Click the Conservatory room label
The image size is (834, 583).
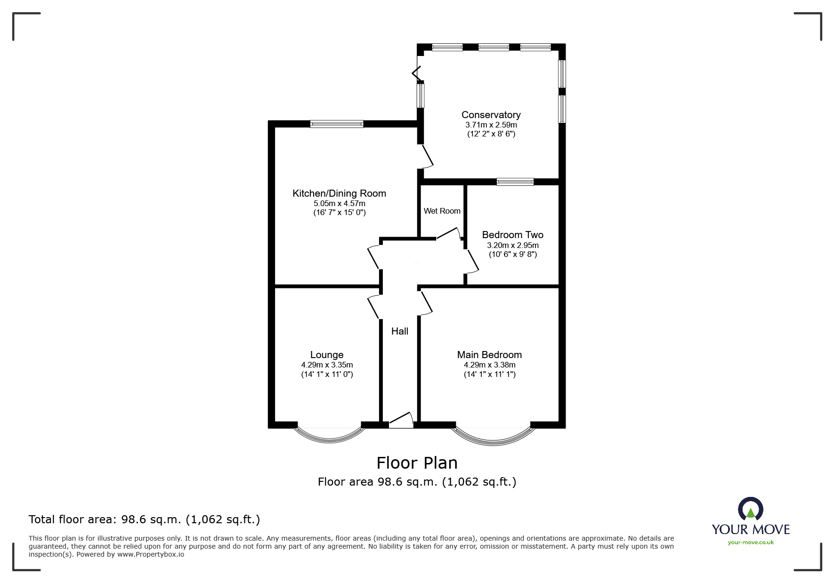tap(491, 115)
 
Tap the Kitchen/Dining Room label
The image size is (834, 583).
tap(339, 193)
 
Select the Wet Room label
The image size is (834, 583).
tap(442, 211)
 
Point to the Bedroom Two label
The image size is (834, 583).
tap(512, 235)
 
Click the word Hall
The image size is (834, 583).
tap(400, 331)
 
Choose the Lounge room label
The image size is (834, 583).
tap(327, 355)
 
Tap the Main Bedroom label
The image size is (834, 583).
tap(489, 355)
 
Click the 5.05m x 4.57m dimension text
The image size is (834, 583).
tap(340, 204)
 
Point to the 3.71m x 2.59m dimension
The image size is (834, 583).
tap(491, 125)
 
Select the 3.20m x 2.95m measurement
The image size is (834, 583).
tap(513, 245)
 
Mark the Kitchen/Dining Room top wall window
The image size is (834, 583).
tap(337, 124)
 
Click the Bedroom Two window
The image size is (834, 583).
tap(515, 182)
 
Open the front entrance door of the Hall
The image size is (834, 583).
tap(401, 420)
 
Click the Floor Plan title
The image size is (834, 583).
tap(417, 463)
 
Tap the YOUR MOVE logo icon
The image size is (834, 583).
tap(751, 509)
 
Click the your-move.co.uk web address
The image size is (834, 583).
tap(751, 543)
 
